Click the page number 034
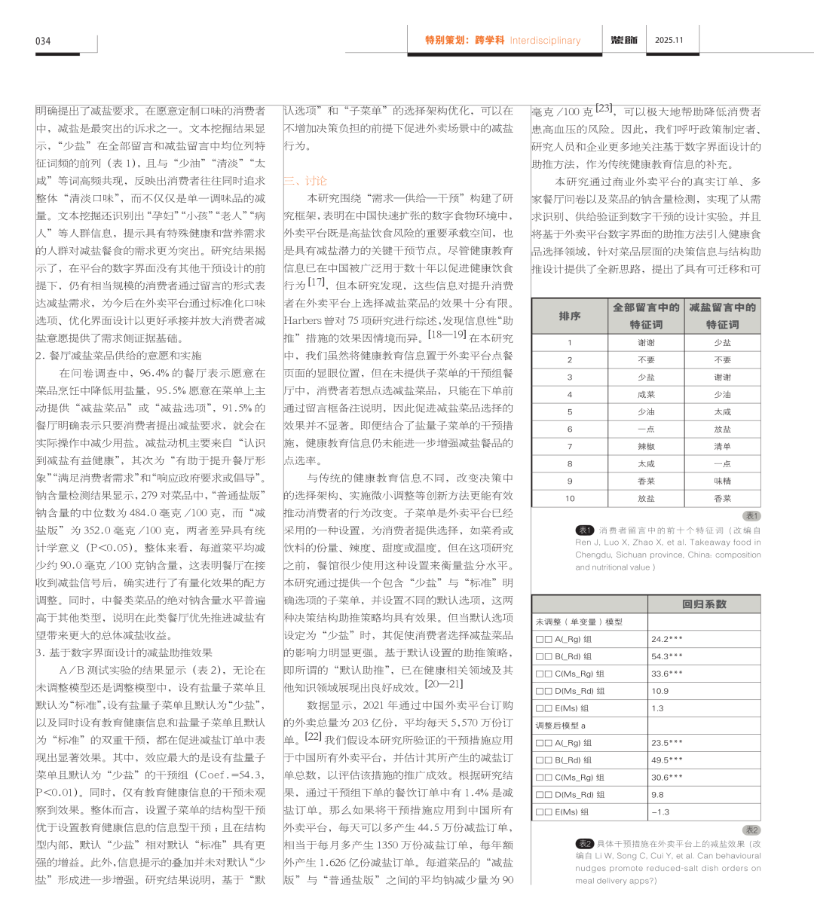pos(43,41)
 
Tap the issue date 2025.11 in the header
pos(669,40)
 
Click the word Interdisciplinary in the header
pos(545,41)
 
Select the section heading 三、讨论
pos(305,181)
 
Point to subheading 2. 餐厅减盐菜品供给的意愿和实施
pos(118,356)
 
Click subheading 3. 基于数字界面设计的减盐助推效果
pos(124,653)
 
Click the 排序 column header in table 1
pos(570,316)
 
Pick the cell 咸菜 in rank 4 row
pos(646,394)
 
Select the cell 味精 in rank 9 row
pos(722,481)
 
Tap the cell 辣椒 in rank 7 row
pos(646,446)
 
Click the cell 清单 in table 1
pos(722,446)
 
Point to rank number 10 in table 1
pos(570,498)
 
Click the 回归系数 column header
pos(704,604)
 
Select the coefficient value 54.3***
pos(667,656)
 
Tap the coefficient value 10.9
pos(659,691)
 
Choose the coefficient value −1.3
pos(659,812)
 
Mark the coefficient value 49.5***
pos(667,760)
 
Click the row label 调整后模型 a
pos(561,726)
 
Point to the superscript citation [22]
pos(313,736)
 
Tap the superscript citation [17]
pos(317,282)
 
